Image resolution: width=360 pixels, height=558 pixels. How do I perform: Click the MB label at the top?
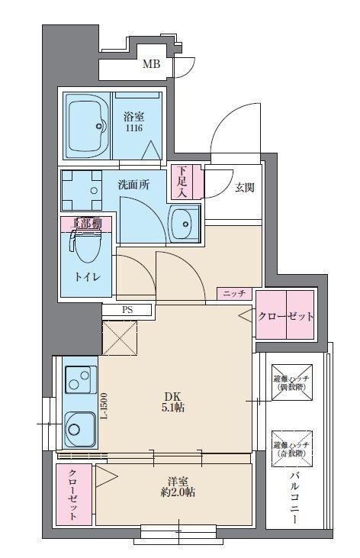[x=152, y=65]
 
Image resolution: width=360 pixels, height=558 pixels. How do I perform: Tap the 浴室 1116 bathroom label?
[x=134, y=124]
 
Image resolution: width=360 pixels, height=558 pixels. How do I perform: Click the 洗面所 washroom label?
[x=133, y=184]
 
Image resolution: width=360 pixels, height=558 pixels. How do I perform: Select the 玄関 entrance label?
[x=244, y=187]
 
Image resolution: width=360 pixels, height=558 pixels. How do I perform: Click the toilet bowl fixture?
[x=85, y=245]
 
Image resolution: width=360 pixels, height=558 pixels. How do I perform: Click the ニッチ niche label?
[x=234, y=293]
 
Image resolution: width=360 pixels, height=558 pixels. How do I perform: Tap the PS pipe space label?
[x=127, y=310]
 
